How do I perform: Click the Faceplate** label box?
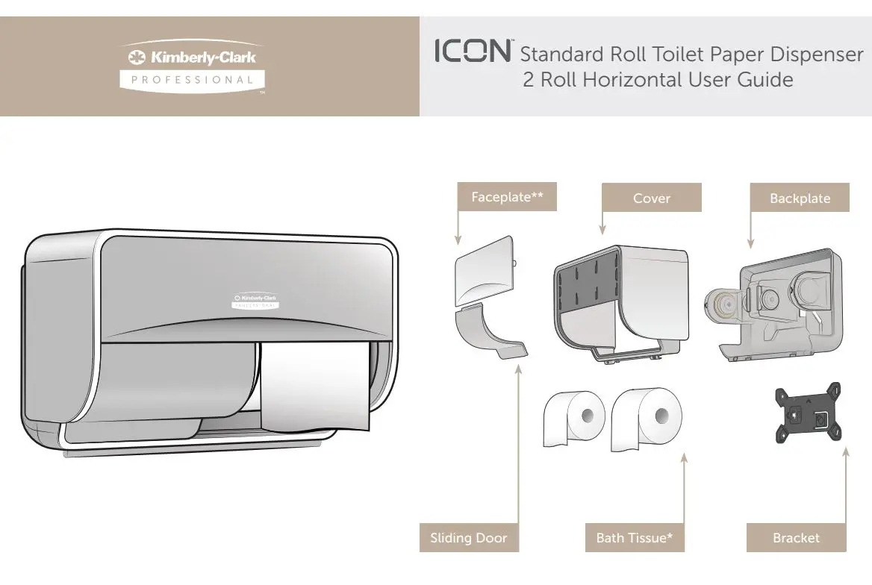(507, 198)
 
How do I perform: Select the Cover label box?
(651, 198)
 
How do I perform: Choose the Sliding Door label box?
(468, 538)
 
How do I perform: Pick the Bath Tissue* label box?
(635, 538)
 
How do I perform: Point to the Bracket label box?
(796, 538)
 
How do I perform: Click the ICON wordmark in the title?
(473, 52)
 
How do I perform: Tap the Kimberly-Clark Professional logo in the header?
(193, 66)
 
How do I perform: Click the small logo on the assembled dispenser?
(255, 301)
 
